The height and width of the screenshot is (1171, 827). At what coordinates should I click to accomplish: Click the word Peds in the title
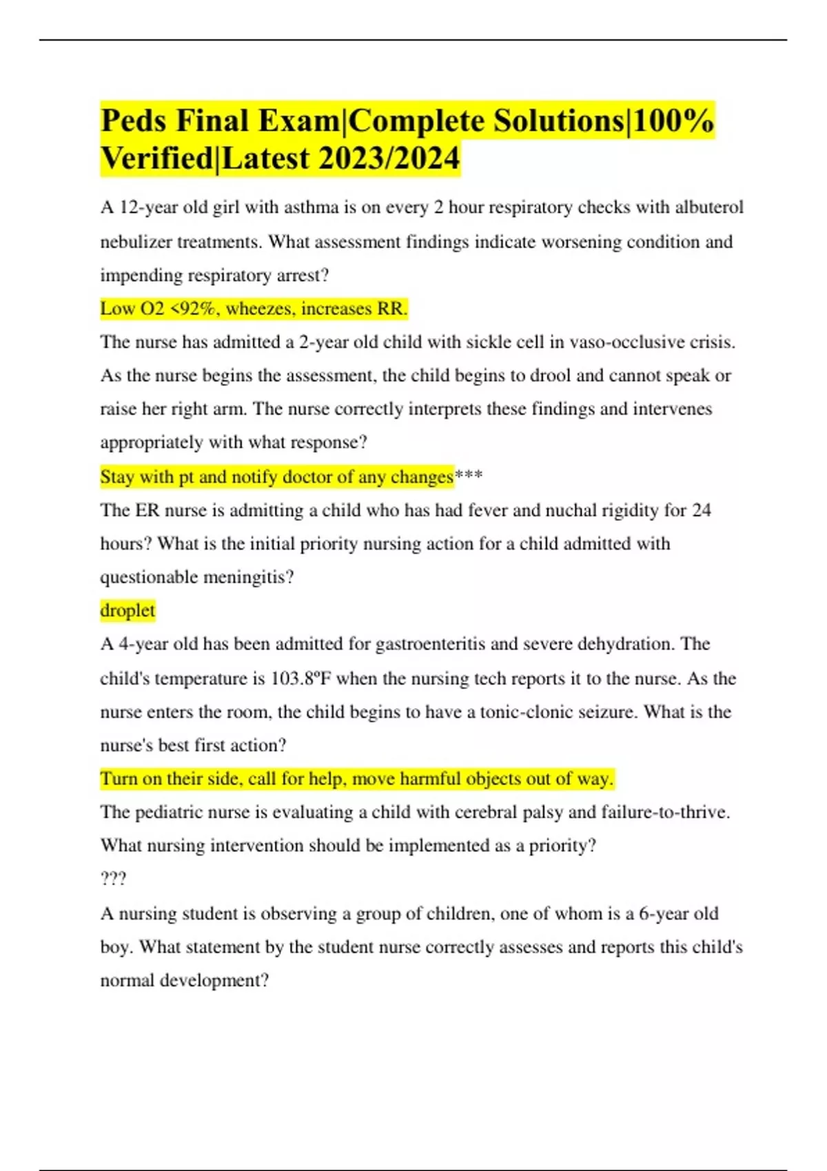pyautogui.click(x=134, y=121)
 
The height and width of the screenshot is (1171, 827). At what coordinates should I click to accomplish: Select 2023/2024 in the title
pyautogui.click(x=389, y=158)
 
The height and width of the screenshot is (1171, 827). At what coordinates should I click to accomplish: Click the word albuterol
pyautogui.click(x=709, y=207)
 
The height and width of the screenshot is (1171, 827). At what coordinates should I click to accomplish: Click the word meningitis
pyautogui.click(x=249, y=577)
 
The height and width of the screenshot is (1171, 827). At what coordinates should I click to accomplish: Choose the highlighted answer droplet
pyautogui.click(x=127, y=610)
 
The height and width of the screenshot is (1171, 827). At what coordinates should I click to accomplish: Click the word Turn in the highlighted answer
pyautogui.click(x=119, y=779)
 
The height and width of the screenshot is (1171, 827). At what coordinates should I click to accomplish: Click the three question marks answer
pyautogui.click(x=113, y=880)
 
